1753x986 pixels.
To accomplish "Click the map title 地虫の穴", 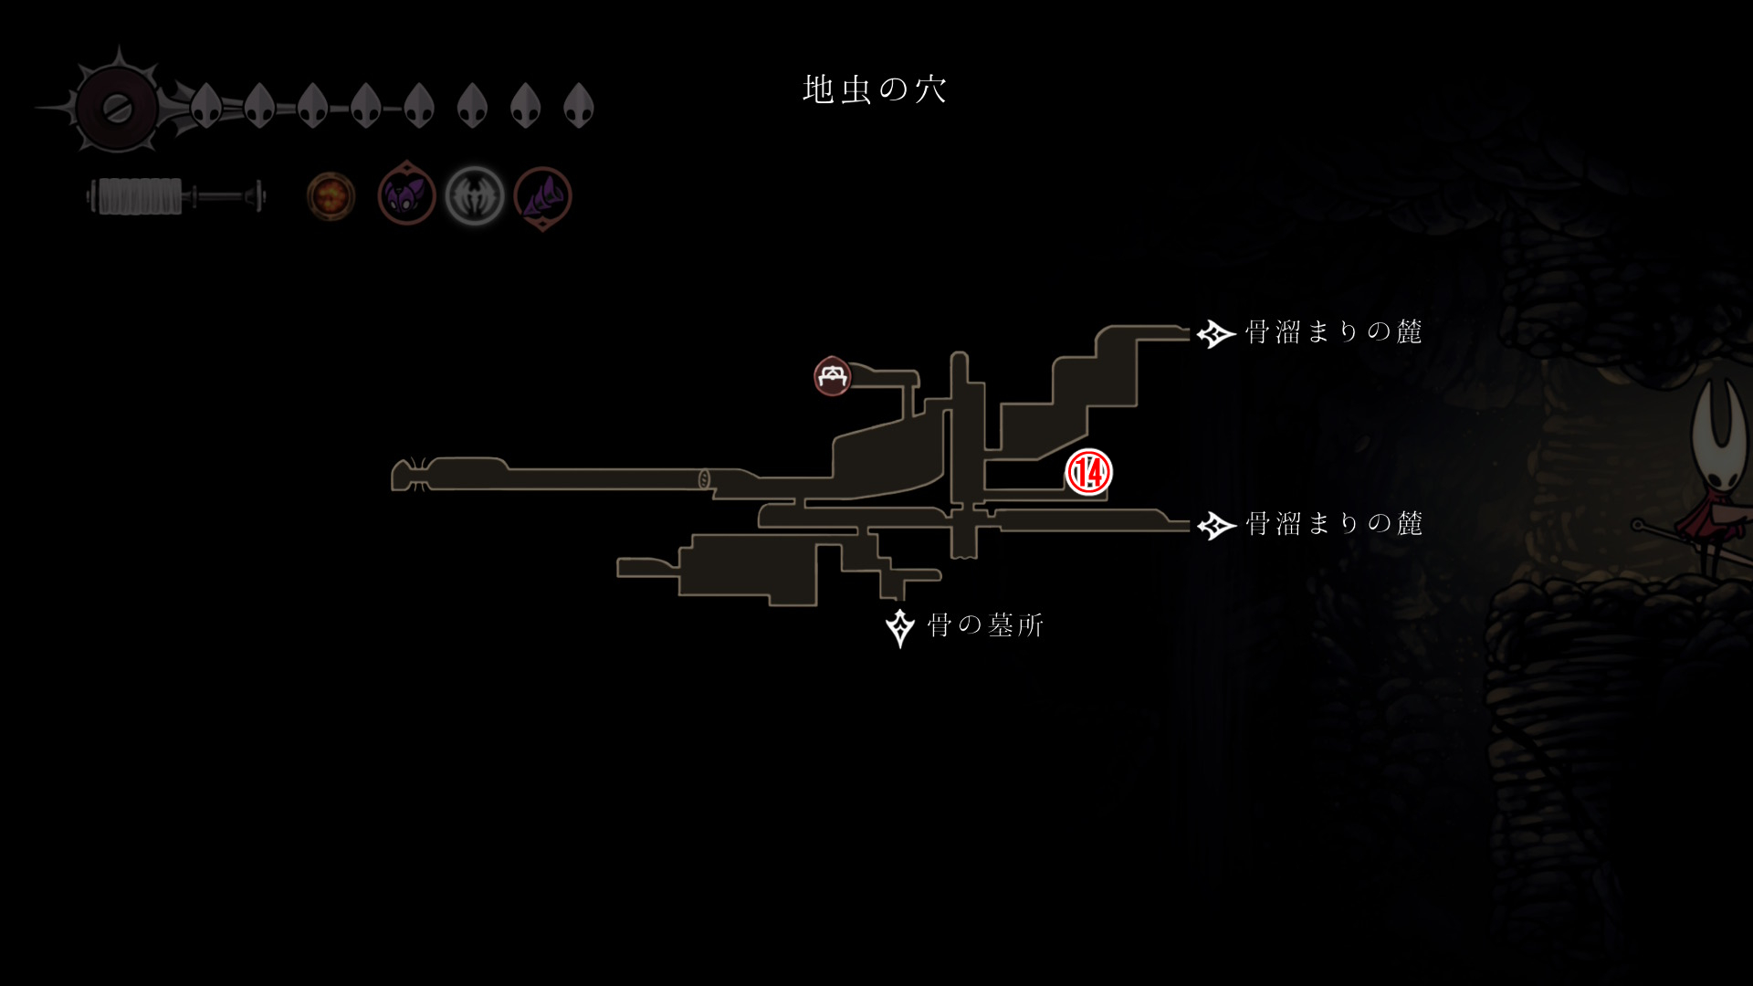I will click(x=875, y=89).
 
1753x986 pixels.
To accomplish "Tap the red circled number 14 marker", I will click(x=1088, y=472).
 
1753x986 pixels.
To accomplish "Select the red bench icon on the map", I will click(x=832, y=376).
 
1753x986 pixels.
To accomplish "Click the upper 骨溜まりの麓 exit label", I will click(x=1333, y=332).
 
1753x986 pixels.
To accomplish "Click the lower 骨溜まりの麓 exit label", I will click(x=1333, y=524).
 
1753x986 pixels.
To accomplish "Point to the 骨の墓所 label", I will click(x=985, y=625).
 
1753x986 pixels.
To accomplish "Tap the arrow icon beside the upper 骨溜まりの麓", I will click(x=1215, y=334).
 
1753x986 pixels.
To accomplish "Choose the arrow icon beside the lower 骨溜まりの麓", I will click(x=1215, y=526).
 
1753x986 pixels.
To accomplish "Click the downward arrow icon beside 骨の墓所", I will click(x=900, y=627).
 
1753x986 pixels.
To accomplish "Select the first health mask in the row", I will click(x=206, y=106).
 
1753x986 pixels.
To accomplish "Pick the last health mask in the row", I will click(x=579, y=106).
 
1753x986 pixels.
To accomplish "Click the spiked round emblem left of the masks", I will click(x=117, y=108).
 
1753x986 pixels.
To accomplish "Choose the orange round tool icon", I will click(x=331, y=196).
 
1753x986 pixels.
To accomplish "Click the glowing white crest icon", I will click(x=475, y=196).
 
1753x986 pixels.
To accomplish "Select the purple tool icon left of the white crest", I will click(x=406, y=196).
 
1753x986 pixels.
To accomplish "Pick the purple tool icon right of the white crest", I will click(x=543, y=197).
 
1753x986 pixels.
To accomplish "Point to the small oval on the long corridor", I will click(x=704, y=478).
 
